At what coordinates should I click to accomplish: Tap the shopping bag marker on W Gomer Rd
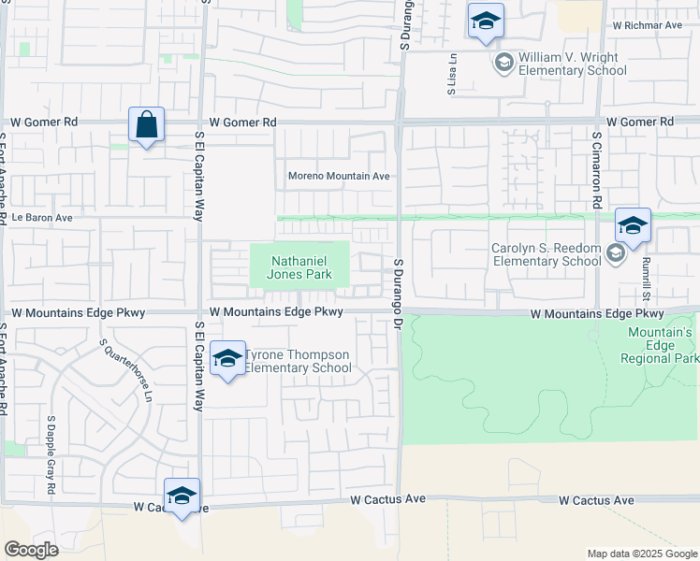click(x=147, y=125)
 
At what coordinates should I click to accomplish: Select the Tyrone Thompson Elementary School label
click(x=298, y=361)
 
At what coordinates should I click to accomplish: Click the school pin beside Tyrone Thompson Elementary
click(x=227, y=360)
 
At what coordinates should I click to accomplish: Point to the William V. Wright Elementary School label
click(x=572, y=64)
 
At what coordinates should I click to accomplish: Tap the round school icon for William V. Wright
click(x=503, y=63)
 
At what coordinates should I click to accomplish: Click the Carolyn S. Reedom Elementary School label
click(x=547, y=254)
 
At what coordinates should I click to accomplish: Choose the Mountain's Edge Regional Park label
click(x=660, y=345)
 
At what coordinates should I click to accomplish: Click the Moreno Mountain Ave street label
click(x=338, y=176)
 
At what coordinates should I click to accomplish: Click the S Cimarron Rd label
click(x=595, y=168)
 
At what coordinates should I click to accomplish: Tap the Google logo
click(x=31, y=550)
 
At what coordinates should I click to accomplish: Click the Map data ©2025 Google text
click(x=641, y=554)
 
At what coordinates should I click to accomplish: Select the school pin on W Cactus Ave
click(x=182, y=496)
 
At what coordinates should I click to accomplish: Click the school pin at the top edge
click(x=486, y=22)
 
